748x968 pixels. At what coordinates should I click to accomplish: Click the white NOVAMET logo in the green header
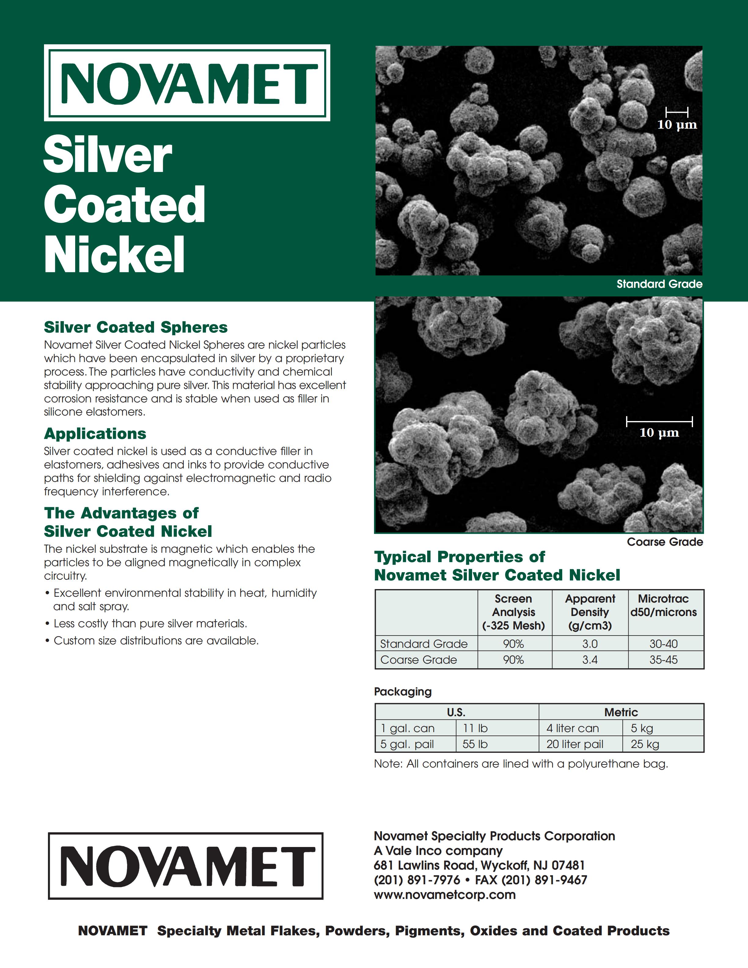pos(187,83)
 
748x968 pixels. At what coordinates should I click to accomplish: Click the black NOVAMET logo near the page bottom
pos(186,866)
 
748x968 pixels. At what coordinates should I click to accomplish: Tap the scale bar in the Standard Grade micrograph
pos(677,112)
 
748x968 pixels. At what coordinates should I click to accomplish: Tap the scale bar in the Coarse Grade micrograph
pos(659,421)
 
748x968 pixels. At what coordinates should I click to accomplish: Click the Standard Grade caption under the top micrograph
pos(659,284)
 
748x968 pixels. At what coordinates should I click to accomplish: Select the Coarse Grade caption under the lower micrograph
pos(665,542)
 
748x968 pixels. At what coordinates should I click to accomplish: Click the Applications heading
pos(95,434)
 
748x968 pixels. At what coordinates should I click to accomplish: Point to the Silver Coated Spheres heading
pos(136,327)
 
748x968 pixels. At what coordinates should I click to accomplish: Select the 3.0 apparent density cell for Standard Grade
pos(590,643)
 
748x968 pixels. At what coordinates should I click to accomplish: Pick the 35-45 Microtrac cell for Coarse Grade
pos(663,659)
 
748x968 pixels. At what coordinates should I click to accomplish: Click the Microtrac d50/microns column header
pos(663,605)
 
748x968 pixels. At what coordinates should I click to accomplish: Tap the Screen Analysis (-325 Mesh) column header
pos(514,612)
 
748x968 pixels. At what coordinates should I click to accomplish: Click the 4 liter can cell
pos(573,728)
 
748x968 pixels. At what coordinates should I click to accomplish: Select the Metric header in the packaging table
pos(621,712)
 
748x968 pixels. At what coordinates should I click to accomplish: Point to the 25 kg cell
pos(645,744)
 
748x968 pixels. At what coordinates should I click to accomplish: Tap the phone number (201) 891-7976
pos(416,880)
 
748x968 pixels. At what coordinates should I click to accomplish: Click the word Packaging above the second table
pos(402,691)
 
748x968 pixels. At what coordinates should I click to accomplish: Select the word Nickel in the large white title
pos(114,255)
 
